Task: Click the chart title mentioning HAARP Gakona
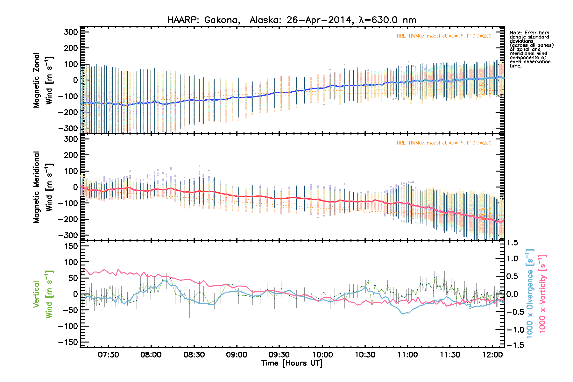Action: [292, 20]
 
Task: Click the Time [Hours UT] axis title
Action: [292, 363]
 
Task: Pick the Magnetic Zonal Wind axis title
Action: [43, 80]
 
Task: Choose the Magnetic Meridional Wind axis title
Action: [43, 187]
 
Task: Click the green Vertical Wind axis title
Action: [43, 294]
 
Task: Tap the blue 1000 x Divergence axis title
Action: [530, 294]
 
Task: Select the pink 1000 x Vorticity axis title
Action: [542, 294]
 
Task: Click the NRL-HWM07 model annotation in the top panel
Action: [444, 36]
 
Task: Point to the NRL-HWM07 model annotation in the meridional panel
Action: [444, 143]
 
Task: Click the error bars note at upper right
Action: [531, 49]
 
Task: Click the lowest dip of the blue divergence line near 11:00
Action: [402, 314]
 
